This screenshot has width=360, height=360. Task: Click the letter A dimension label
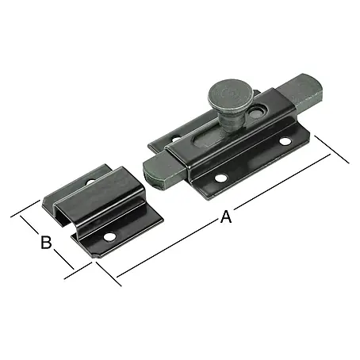226,216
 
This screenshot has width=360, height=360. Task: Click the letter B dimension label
46,242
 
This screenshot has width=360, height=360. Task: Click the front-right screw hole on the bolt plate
285,141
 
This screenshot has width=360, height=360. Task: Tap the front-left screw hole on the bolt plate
221,178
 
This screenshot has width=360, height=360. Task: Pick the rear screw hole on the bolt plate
176,139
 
